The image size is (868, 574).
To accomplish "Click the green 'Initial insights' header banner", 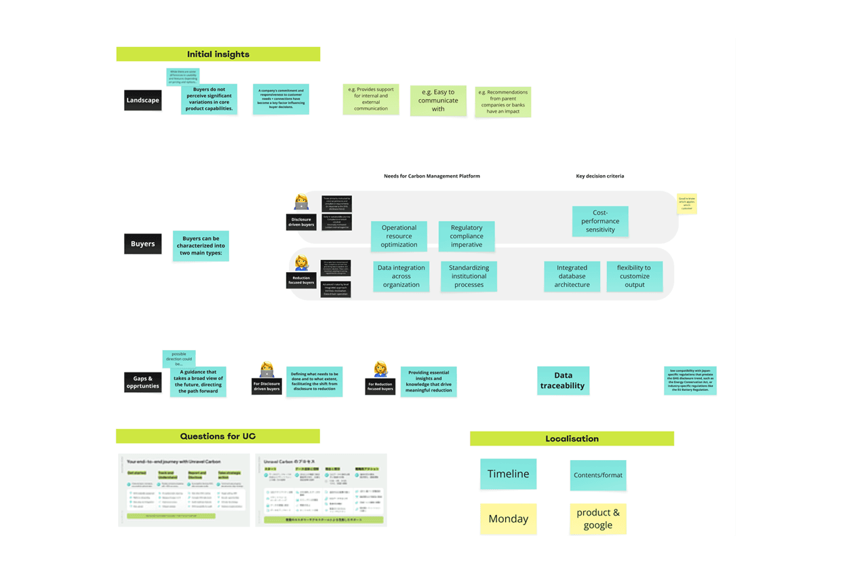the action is coord(218,54).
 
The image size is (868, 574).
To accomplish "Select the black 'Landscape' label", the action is coord(142,100).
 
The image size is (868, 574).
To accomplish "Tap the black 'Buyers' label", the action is coord(142,244).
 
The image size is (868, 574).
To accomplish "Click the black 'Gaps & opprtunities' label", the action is coord(142,383).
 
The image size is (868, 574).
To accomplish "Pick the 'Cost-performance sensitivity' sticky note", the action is coord(600,221).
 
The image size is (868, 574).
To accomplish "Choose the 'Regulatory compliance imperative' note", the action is coord(467,236).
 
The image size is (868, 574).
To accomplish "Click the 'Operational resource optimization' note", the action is coord(399,236).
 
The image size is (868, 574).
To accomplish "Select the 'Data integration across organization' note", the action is coord(401,276).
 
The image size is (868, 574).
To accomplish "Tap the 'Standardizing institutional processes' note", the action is coord(469,276).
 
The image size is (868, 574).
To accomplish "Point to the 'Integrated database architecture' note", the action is coord(572,276).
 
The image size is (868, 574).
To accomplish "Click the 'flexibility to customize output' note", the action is coord(634,276).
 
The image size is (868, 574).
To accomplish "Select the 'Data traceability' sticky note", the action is coord(563,381).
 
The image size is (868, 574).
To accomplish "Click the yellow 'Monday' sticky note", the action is coord(508,519).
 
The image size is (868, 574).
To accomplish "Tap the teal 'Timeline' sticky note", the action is coord(508,474).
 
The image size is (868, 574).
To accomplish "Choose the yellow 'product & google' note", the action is coord(597,519).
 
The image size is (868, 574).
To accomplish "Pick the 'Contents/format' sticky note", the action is coord(597,475).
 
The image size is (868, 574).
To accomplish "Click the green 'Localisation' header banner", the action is coord(572,439).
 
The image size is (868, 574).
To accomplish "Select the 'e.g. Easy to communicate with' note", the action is coord(438,100).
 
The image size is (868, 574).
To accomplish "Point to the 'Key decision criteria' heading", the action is coord(599,176).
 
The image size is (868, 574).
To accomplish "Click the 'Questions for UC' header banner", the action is coord(218,436).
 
